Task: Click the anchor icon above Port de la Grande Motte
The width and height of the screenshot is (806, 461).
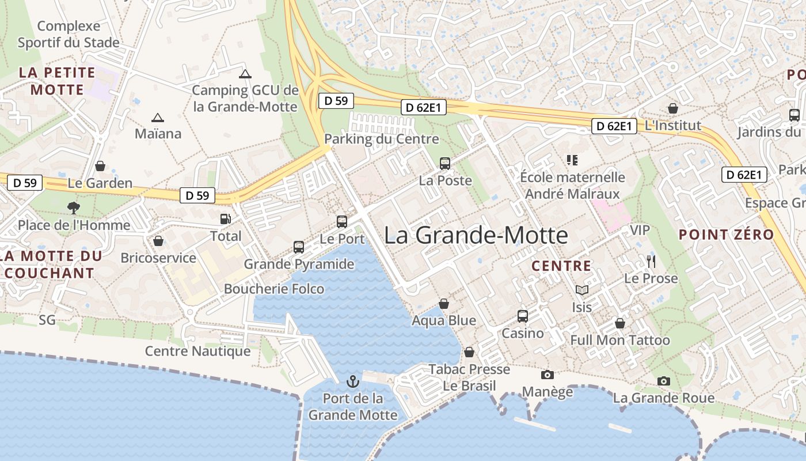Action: click(352, 381)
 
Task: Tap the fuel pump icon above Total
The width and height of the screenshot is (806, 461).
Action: click(226, 219)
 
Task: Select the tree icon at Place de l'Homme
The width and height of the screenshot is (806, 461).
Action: click(74, 207)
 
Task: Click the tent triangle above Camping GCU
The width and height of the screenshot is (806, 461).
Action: click(245, 74)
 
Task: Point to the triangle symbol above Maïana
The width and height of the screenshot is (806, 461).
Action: click(157, 118)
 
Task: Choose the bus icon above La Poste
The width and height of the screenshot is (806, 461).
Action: click(445, 164)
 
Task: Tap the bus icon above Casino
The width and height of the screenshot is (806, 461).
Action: click(523, 316)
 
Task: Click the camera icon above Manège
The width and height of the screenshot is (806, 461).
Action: click(548, 375)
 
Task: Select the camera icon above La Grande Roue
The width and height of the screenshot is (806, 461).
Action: click(664, 381)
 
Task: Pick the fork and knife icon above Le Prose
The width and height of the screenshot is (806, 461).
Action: click(651, 262)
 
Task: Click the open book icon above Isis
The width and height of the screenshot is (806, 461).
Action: click(582, 290)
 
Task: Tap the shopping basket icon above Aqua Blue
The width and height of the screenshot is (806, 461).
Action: click(444, 304)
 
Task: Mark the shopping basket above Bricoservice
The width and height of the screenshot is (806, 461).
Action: click(158, 241)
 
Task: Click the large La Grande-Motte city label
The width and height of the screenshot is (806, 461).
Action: click(476, 235)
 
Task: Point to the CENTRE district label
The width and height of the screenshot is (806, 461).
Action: click(561, 266)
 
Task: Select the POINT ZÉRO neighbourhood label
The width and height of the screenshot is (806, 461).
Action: click(726, 235)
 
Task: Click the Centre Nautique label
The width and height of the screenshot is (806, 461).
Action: click(197, 351)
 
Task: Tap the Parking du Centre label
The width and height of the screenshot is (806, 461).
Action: click(381, 139)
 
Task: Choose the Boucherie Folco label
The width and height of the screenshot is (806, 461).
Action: click(274, 289)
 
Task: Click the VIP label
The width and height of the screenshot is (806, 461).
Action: click(640, 231)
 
